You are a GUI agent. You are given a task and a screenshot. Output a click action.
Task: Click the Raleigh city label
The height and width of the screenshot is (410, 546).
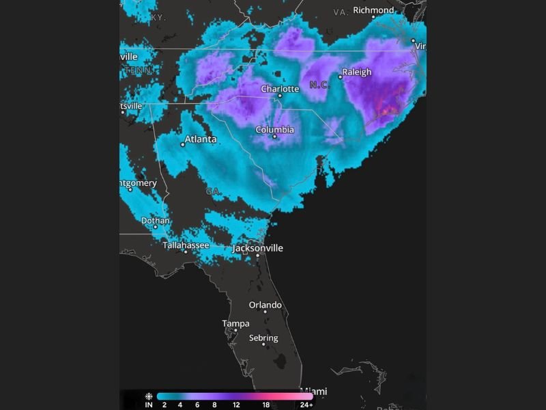(x=357, y=72)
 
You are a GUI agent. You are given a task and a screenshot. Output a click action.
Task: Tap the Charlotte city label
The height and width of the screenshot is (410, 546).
(x=280, y=89)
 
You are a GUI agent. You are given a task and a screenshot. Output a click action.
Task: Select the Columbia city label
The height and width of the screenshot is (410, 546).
(x=275, y=129)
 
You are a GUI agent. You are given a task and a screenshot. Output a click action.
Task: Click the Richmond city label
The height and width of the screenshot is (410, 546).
(x=373, y=10)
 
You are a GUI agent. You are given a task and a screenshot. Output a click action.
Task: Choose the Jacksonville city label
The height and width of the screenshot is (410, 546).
(x=257, y=248)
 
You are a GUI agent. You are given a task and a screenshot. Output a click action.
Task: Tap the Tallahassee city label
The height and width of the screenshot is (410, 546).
(x=186, y=245)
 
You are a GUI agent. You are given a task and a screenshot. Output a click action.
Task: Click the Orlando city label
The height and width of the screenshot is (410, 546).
(x=265, y=305)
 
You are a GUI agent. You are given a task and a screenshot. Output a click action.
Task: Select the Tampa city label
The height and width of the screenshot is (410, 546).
(x=235, y=323)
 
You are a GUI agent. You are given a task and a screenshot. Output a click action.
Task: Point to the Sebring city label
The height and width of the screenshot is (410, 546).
(x=263, y=338)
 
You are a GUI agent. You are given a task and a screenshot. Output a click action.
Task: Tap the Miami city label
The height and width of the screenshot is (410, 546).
(x=314, y=391)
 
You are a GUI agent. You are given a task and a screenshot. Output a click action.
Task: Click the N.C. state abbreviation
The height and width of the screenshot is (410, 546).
(x=319, y=85)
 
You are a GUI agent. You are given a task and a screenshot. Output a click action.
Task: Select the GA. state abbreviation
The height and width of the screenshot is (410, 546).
(x=214, y=191)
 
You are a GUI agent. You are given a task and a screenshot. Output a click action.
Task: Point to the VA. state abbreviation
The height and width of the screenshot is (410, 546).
(x=341, y=12)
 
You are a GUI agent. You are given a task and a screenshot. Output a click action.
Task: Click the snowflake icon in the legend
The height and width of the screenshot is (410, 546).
(x=148, y=396)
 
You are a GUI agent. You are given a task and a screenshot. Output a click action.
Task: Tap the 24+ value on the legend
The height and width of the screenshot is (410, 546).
(x=306, y=405)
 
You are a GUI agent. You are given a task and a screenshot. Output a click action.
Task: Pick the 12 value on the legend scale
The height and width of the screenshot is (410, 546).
(x=235, y=405)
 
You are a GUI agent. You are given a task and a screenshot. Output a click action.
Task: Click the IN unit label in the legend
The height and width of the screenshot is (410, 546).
(x=148, y=405)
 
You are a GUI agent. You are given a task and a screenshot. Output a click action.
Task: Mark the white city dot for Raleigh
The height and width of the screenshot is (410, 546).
(x=340, y=77)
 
